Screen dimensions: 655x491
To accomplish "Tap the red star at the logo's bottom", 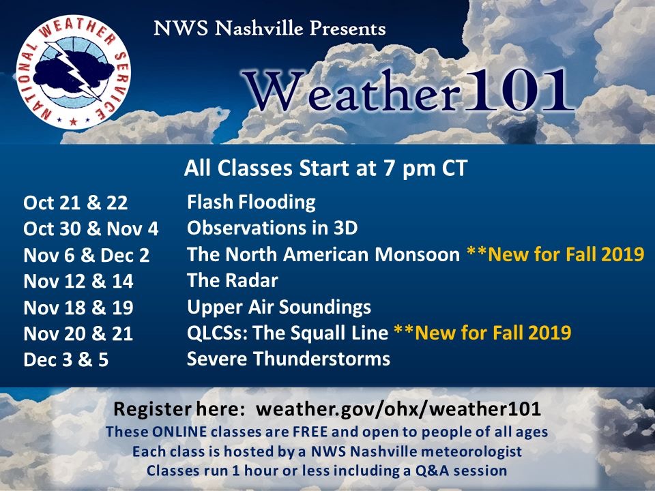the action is click(74, 121).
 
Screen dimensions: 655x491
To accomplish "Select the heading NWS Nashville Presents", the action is click(270, 29).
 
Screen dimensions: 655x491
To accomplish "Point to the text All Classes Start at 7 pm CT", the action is click(325, 168).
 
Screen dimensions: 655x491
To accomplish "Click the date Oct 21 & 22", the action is click(76, 203).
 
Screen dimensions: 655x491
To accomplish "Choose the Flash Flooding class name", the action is click(251, 202).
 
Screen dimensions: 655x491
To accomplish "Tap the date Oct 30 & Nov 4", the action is click(91, 229).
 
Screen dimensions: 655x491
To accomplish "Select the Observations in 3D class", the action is click(272, 228).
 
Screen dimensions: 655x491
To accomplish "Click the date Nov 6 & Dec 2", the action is click(87, 255).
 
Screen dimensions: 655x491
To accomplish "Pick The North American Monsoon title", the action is click(323, 254).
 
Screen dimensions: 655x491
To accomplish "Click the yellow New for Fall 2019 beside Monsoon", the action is click(555, 254).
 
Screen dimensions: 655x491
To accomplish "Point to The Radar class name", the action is click(232, 280).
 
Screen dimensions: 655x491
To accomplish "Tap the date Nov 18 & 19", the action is click(78, 308).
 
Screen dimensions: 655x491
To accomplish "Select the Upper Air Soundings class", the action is click(279, 308).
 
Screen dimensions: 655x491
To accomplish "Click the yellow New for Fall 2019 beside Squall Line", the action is click(482, 333).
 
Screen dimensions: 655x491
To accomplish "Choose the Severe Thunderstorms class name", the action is click(289, 359).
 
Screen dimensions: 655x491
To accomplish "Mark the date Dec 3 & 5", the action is click(66, 359).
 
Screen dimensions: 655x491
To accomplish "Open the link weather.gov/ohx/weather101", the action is click(398, 408).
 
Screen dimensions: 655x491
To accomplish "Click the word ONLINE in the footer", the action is click(179, 432).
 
